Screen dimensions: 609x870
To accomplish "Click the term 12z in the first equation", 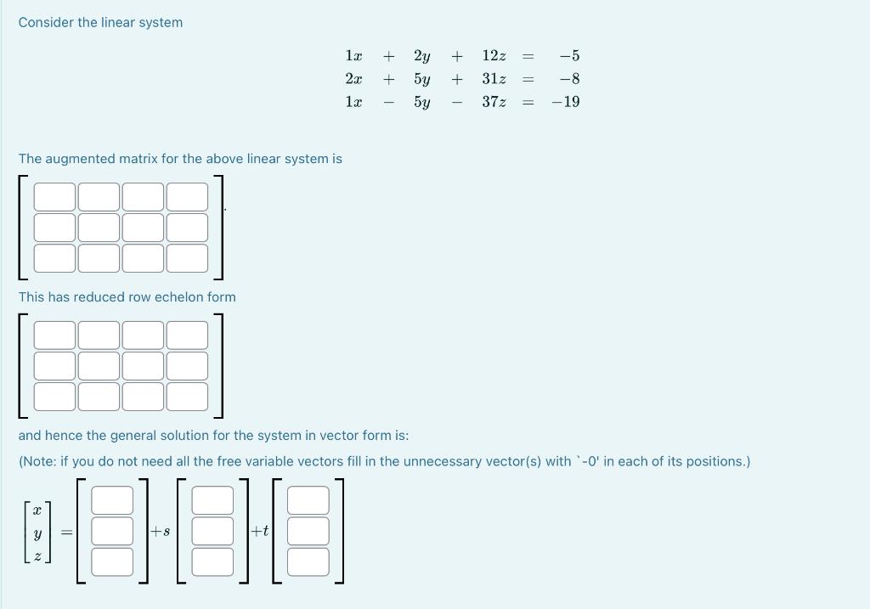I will (x=494, y=56).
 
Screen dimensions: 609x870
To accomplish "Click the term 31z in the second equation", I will (x=494, y=79).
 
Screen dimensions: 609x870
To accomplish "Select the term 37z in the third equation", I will (x=494, y=102).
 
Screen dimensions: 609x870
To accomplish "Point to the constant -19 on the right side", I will (x=566, y=102).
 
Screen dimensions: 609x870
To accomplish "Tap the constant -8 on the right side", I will (x=569, y=79).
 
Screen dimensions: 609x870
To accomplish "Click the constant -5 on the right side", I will (x=569, y=56).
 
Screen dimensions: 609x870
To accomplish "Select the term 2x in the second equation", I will (x=353, y=79).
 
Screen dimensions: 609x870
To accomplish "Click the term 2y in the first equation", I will (x=421, y=56).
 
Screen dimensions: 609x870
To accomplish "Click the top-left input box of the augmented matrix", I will (x=55, y=197).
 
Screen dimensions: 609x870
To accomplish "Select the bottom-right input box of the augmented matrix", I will (x=187, y=258).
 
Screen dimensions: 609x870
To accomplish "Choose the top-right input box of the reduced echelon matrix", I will (x=187, y=335).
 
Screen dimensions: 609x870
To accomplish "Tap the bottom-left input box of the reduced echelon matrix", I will (x=55, y=396).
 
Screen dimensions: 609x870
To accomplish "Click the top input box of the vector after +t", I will (x=308, y=500).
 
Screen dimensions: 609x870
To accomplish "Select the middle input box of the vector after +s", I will (x=212, y=531).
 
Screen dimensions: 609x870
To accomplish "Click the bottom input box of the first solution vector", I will (x=112, y=561).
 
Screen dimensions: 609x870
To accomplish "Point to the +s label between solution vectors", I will (x=160, y=532).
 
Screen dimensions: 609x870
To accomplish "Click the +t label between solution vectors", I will (x=259, y=532).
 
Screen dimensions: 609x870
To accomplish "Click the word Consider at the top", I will (x=46, y=22).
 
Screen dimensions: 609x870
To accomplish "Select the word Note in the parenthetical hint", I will (x=40, y=461).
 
